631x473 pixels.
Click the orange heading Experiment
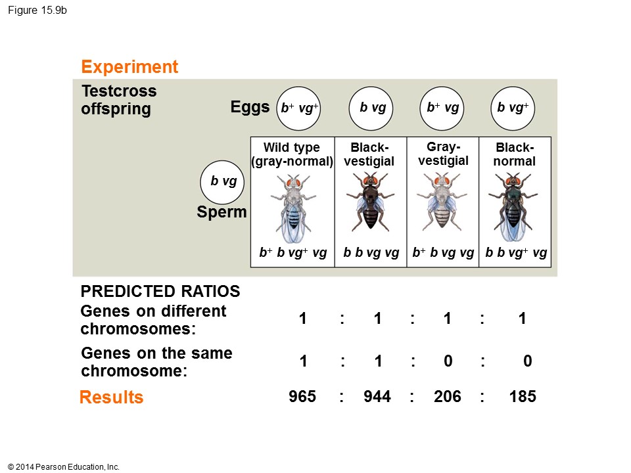(x=129, y=67)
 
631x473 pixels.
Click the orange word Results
(x=111, y=397)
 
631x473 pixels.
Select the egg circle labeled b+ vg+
(x=299, y=108)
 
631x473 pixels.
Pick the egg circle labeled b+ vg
(x=442, y=108)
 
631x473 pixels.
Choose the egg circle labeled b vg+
(x=513, y=108)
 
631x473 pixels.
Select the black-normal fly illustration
(x=515, y=206)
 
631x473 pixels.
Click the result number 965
(x=302, y=397)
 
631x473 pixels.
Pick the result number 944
(x=377, y=397)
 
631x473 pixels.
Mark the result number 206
(x=448, y=397)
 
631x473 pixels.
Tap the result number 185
(x=523, y=397)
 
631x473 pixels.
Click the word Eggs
(x=250, y=108)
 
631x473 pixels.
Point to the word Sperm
(x=222, y=212)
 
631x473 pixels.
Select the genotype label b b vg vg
(x=371, y=253)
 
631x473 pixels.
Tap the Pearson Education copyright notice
(x=64, y=467)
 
